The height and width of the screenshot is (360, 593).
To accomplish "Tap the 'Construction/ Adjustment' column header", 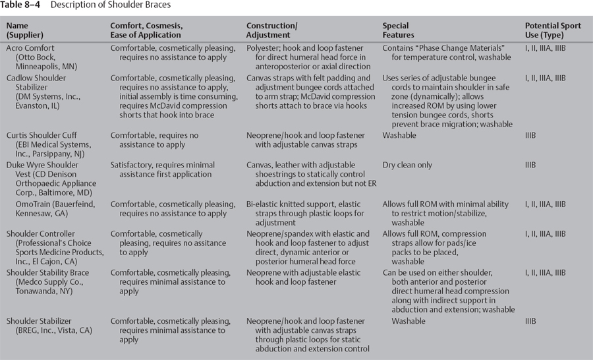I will click(x=271, y=30).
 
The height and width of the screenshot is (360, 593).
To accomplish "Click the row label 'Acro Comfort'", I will click(x=31, y=48).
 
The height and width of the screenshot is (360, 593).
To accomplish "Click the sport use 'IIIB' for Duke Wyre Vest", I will click(x=526, y=165).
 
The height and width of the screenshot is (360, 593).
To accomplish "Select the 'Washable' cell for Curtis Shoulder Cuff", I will click(x=399, y=135).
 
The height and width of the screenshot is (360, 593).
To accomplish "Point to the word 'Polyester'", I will click(x=266, y=48).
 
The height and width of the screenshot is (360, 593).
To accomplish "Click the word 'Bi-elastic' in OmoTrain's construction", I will click(x=266, y=204).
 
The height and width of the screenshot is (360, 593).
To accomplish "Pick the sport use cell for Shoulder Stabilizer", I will click(x=526, y=321).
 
